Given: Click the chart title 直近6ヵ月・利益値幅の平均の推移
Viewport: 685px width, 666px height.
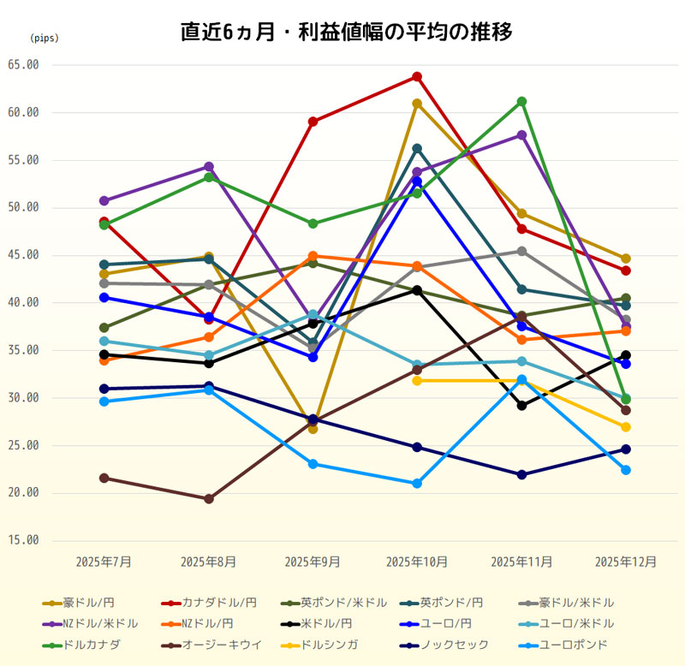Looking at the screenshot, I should [346, 33].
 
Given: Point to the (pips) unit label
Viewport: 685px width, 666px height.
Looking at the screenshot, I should [45, 39].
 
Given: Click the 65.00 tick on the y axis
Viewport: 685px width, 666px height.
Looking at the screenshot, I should [23, 65].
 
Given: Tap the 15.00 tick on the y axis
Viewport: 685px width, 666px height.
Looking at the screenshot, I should [23, 540].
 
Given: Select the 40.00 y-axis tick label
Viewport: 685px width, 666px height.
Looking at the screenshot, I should [23, 303].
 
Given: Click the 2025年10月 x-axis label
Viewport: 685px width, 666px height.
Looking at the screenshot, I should [417, 562].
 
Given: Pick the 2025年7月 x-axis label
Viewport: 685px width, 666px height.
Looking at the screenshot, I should [104, 562].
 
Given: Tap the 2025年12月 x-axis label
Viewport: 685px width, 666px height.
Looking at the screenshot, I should [626, 562].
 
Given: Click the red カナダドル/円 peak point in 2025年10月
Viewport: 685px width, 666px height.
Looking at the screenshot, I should [417, 77].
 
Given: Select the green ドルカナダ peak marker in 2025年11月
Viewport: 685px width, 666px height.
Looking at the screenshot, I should [521, 102].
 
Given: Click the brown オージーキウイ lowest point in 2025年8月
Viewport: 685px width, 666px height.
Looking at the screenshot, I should [209, 498].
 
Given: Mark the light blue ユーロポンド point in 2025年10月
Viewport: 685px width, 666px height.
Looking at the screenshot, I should [417, 484].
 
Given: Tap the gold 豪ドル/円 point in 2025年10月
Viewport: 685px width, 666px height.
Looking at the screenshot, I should [417, 104].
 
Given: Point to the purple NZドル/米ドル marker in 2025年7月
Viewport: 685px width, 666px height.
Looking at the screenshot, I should [104, 201].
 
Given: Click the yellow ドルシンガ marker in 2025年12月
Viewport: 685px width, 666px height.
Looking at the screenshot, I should [626, 427].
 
